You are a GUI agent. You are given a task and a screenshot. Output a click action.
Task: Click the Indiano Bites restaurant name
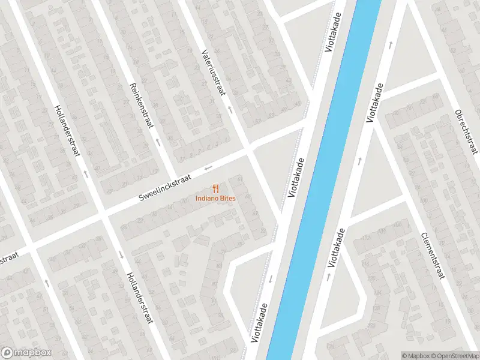tap(215, 198)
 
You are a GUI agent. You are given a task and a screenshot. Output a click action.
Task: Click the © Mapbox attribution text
tap(416, 356)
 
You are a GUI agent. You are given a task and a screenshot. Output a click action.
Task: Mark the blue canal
tap(324, 180)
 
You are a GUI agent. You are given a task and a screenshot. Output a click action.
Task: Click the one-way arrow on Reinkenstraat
tap(158, 143)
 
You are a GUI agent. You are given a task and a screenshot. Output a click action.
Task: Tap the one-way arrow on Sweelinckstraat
tap(208, 168)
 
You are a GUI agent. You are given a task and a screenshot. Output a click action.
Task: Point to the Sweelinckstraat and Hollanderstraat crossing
tap(103, 213)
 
